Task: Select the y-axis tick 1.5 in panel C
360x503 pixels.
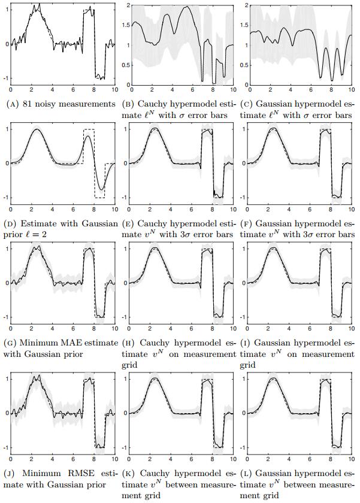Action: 242,25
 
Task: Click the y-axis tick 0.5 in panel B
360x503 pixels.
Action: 124,65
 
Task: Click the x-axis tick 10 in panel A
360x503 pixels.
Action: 114,90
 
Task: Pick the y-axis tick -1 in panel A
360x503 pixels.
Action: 5,78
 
